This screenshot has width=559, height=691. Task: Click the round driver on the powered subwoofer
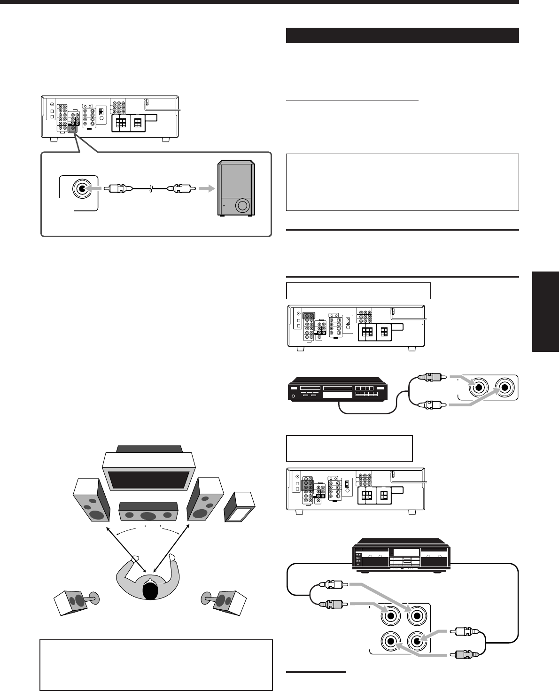point(242,206)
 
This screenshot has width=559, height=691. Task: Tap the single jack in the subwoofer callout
point(81,188)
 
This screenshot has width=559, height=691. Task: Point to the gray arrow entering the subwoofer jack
point(98,188)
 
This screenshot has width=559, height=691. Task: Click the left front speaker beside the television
point(91,502)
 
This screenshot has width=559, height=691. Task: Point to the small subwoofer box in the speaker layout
point(240,507)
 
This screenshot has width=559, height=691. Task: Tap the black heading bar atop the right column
point(402,35)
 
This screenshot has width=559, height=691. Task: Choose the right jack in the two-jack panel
point(505,388)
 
